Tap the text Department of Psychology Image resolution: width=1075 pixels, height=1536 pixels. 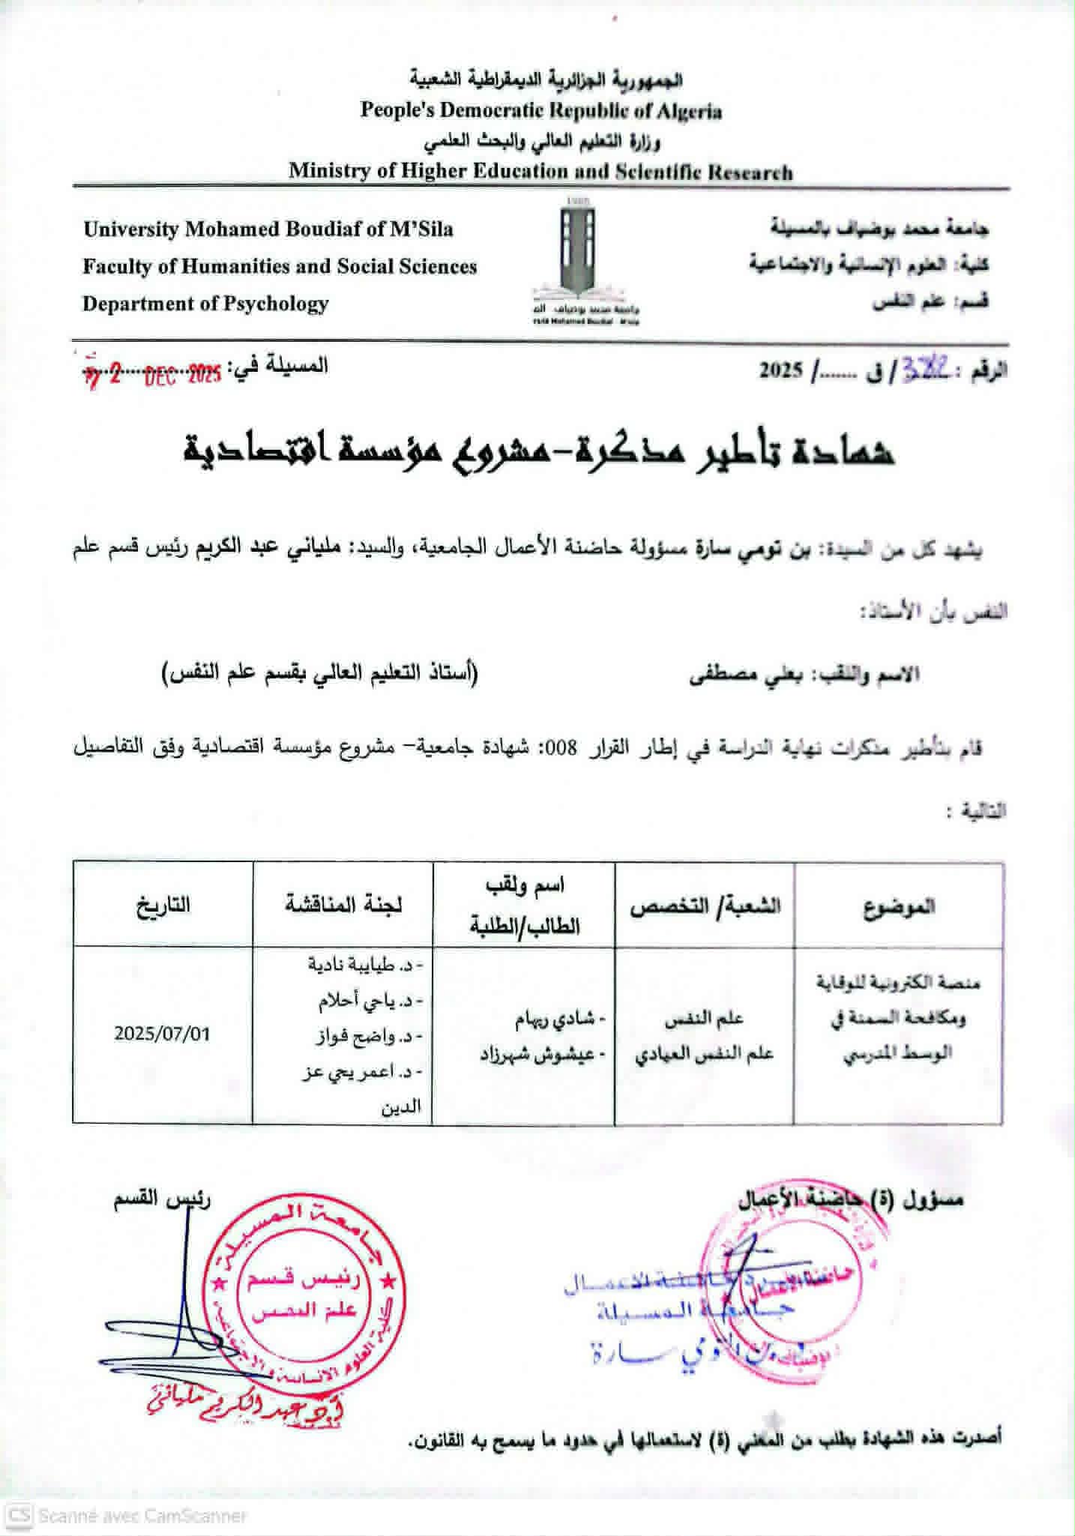(205, 304)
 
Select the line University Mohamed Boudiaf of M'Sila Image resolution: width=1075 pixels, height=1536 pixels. (268, 229)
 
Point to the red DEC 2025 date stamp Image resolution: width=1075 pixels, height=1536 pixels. (182, 375)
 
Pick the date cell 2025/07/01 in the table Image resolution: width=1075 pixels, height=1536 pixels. (162, 1034)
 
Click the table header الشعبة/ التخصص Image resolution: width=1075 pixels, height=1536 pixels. (705, 906)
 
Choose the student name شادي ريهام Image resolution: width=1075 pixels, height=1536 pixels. (560, 1019)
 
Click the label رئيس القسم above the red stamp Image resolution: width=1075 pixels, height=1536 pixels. (162, 1199)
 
